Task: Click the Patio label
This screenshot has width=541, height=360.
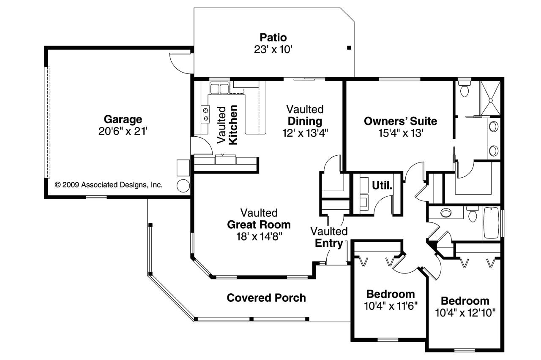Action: (273, 37)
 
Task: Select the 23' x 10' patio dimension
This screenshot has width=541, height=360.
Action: (273, 49)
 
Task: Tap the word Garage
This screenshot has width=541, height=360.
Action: (123, 119)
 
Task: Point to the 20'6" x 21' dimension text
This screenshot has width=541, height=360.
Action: (123, 131)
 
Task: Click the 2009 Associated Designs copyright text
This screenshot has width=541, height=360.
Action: (109, 185)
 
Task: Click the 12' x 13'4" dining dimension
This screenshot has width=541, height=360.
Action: (305, 133)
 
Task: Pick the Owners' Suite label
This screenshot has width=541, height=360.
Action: (400, 122)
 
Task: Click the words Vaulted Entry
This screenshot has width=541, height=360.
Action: (329, 237)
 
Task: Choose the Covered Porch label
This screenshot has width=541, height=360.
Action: (266, 298)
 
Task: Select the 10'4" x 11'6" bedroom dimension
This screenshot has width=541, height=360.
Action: (391, 306)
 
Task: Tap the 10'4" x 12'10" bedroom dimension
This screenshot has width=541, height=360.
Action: (465, 313)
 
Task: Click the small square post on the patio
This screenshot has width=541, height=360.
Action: (349, 48)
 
